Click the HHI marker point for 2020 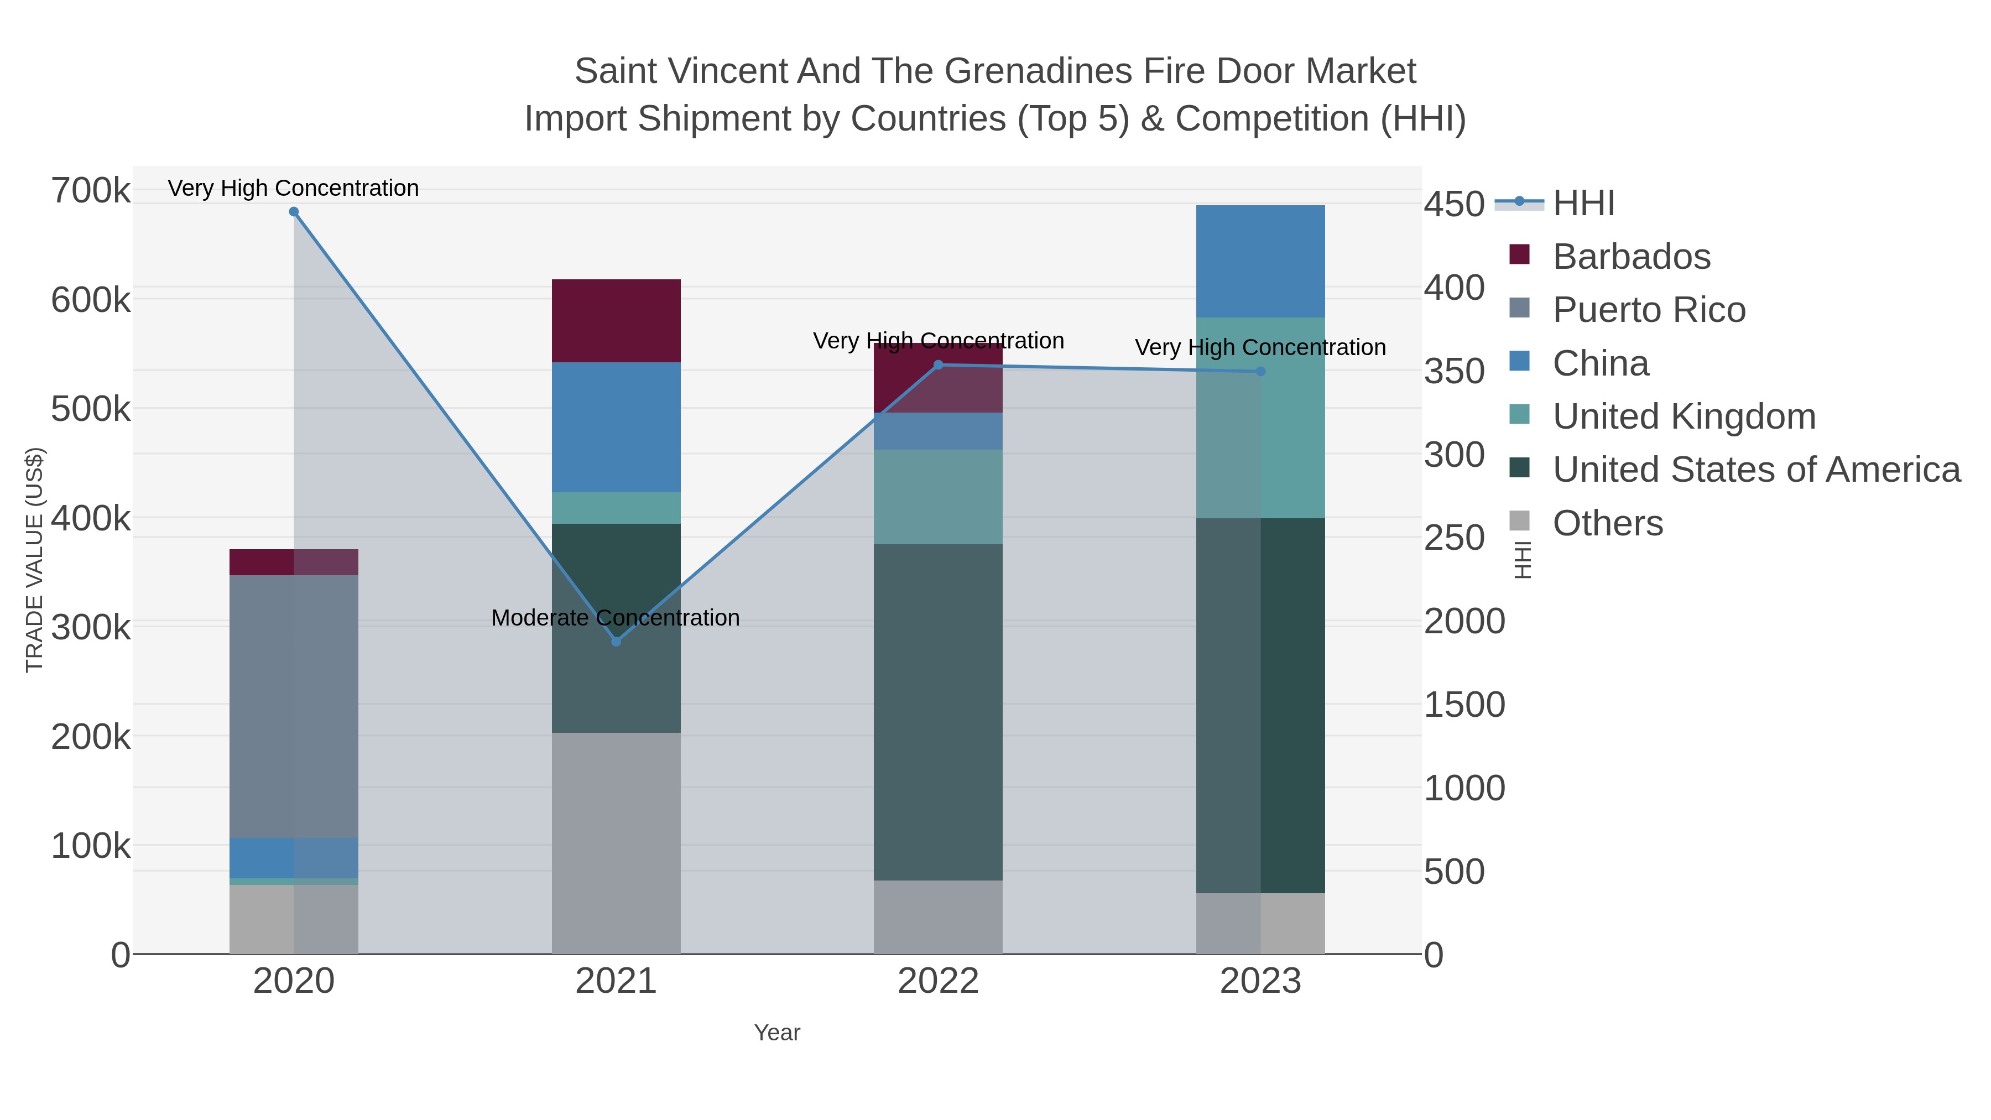coord(294,212)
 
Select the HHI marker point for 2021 coord(616,642)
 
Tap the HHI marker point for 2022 coord(939,365)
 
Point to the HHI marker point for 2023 coord(1260,372)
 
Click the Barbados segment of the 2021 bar coord(616,321)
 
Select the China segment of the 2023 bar coord(1260,261)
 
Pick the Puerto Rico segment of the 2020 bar coord(294,706)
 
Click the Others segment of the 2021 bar coord(616,842)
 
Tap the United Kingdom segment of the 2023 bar coord(1260,418)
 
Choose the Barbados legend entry coord(1631,257)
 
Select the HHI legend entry coord(1583,204)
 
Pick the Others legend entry coord(1608,523)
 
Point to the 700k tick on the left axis coord(91,191)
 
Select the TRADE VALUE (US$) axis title coord(35,560)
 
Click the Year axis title coord(777,1033)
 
